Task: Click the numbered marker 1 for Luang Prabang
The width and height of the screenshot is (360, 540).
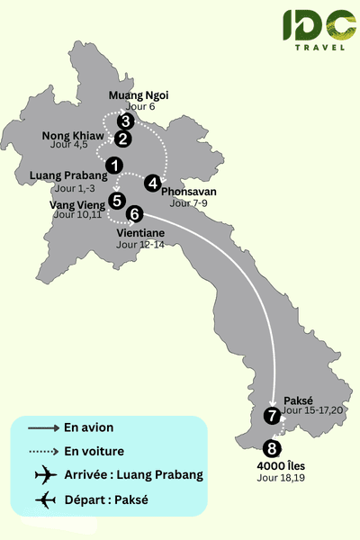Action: (x=113, y=165)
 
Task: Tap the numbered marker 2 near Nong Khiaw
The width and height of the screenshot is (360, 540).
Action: (x=122, y=139)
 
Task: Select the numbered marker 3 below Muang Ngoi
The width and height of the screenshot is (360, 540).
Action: (x=126, y=121)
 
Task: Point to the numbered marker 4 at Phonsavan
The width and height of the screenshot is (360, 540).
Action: (x=153, y=183)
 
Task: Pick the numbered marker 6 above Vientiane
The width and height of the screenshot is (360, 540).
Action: (x=134, y=214)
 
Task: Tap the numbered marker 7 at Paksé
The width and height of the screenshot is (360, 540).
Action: (x=272, y=416)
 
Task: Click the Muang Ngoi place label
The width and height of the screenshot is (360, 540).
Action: (x=138, y=95)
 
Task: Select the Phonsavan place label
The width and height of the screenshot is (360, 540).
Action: (x=189, y=192)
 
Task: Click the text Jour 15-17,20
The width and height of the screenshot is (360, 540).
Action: (x=313, y=410)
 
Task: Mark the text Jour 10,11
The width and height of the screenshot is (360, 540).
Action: (x=78, y=215)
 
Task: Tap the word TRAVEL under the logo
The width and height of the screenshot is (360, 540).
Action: (x=323, y=48)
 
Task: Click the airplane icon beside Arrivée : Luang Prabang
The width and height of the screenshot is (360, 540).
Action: (x=43, y=474)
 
